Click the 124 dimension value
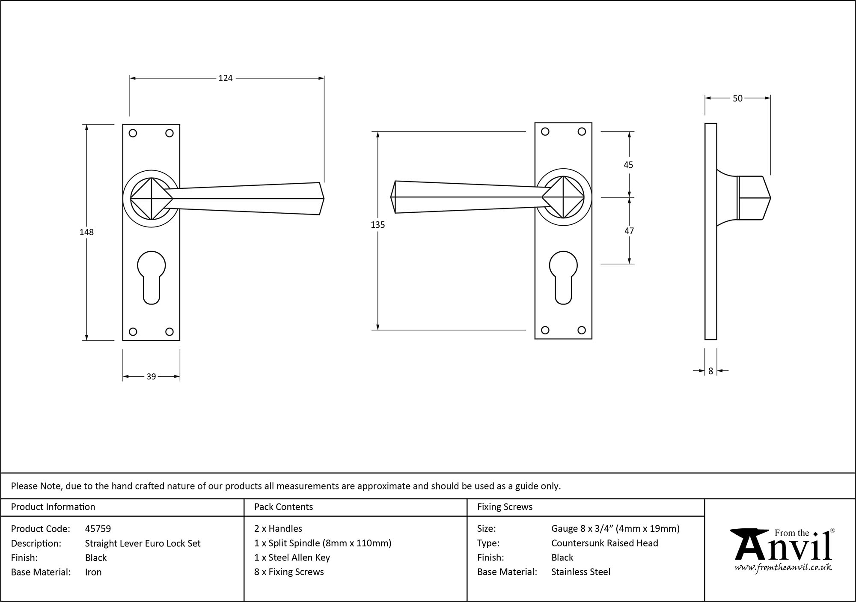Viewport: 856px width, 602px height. click(x=225, y=78)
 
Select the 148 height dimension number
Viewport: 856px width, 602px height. click(x=86, y=232)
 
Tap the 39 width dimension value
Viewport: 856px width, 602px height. click(x=151, y=377)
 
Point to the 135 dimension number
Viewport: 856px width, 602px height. click(x=378, y=225)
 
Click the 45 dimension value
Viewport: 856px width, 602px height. click(x=628, y=165)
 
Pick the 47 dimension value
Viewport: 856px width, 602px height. click(x=629, y=231)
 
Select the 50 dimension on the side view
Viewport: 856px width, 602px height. click(x=737, y=98)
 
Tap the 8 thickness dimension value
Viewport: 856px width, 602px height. click(x=711, y=371)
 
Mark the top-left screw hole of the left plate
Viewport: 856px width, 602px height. click(x=133, y=133)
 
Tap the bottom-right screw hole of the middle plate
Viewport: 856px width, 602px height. click(x=581, y=330)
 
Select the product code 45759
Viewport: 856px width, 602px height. click(x=98, y=529)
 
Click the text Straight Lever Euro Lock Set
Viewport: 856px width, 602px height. click(x=143, y=543)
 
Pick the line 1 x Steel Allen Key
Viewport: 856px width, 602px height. click(x=292, y=557)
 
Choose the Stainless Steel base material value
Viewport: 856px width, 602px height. click(x=581, y=572)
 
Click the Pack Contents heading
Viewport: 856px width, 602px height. click(x=283, y=507)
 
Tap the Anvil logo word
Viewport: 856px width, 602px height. click(x=783, y=548)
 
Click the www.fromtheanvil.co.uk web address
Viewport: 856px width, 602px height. click(x=783, y=568)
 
